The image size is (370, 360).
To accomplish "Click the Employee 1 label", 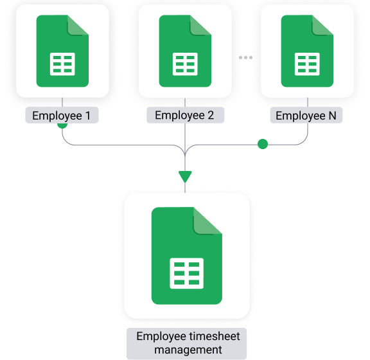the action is point(62,115).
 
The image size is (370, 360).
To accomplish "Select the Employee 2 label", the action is point(185,115).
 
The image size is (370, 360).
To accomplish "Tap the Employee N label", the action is point(306,115).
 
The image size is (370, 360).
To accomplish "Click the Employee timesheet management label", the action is point(187,343).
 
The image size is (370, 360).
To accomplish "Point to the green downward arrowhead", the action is point(185,176).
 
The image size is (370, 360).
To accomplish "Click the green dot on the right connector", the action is point(263,144).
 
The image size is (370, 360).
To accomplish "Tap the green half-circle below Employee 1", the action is point(62,125).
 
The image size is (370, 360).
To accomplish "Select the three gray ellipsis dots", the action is point(245,57).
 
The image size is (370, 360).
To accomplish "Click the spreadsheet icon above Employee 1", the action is point(62,51).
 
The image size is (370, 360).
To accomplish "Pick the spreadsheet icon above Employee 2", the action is point(185,51).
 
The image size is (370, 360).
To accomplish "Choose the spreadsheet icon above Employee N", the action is point(307,51).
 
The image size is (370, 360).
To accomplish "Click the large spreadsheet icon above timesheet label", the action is point(187,256).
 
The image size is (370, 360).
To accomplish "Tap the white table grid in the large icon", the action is point(187,273).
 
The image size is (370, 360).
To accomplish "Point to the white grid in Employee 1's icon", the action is point(62,64).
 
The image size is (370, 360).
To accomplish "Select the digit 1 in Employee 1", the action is point(88,116).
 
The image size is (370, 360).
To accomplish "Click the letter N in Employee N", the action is point(332,116).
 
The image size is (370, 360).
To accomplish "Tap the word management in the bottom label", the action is point(188,350).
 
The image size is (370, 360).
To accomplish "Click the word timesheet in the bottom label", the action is point(210,336).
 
